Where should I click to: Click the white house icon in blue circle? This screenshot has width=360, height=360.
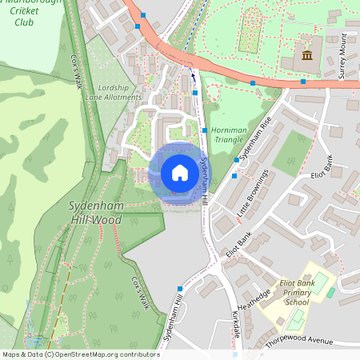180,172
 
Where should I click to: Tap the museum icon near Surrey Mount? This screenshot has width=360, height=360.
307,54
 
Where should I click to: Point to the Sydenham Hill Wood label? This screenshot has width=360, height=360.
84,212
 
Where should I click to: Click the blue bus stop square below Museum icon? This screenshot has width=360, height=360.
303,82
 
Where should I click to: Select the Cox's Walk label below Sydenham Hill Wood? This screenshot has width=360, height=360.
140,293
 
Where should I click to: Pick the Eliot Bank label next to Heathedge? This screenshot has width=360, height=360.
238,242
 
